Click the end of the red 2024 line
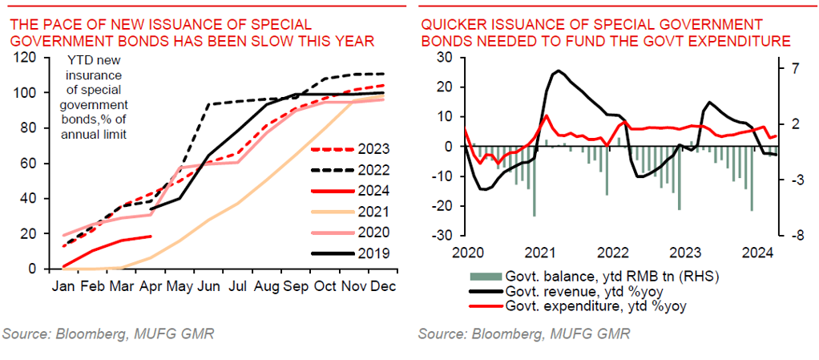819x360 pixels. (x=151, y=236)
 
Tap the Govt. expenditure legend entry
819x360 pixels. (x=580, y=305)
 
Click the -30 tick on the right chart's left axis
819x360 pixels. (x=441, y=236)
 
